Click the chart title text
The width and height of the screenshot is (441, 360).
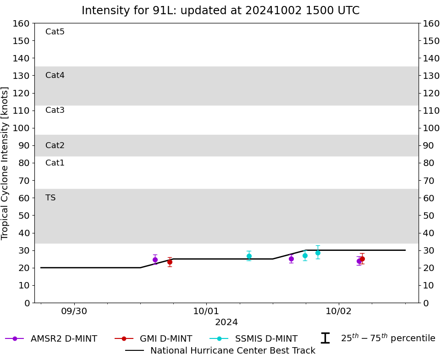pos(220,11)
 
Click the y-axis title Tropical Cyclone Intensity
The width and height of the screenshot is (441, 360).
pos(6,163)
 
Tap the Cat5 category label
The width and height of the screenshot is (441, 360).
pos(55,32)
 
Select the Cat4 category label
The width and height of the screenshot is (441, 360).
pos(55,75)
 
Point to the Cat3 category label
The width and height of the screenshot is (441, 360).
pos(55,110)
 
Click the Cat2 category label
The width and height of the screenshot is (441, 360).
pos(55,145)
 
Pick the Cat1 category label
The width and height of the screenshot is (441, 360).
pos(55,163)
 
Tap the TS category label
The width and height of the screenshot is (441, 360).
pos(50,198)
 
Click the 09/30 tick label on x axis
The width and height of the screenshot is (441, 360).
pos(74,311)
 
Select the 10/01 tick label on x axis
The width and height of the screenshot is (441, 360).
pos(206,311)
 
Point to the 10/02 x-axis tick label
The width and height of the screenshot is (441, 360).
pos(339,311)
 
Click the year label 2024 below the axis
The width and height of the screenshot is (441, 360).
pos(226,322)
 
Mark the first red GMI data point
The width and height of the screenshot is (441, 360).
pos(170,262)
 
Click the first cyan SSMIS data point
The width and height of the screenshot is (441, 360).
pos(249,256)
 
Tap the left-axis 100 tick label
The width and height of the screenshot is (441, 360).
pos(22,128)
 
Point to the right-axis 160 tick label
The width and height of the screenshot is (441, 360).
pos(431,23)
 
